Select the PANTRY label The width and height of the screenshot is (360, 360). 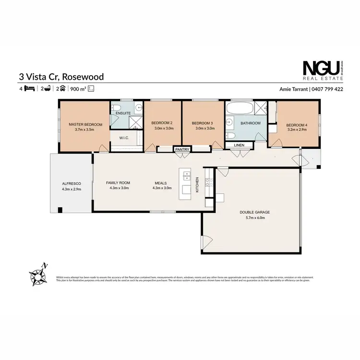point(182,149)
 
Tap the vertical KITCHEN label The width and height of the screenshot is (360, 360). point(197,184)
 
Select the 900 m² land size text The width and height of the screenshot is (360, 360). point(78,89)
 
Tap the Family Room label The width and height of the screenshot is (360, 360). point(118,183)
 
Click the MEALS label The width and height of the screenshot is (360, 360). point(161,183)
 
